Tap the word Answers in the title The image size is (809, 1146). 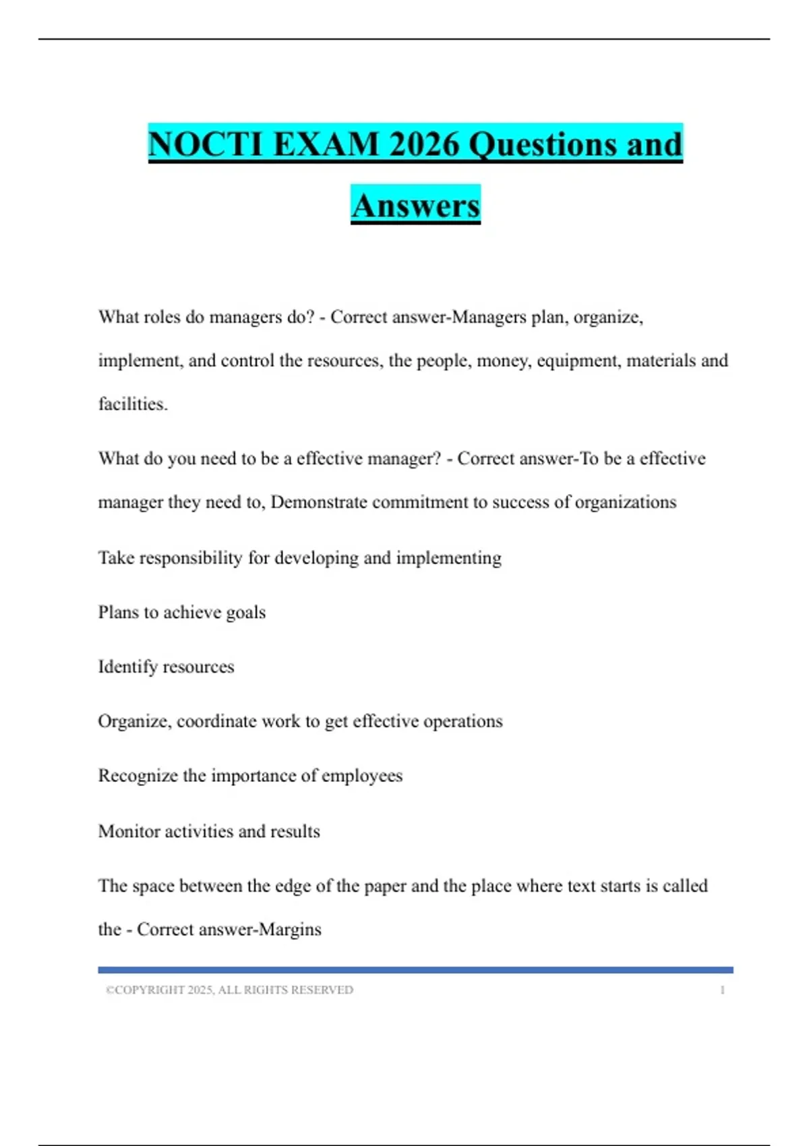[x=415, y=206]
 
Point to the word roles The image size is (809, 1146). [x=160, y=317]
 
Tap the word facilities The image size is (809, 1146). [x=132, y=404]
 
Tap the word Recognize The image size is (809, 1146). [x=138, y=776]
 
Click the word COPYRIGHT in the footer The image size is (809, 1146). [x=150, y=990]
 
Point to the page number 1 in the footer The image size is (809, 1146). [x=722, y=990]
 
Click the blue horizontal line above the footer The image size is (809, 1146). [x=415, y=970]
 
